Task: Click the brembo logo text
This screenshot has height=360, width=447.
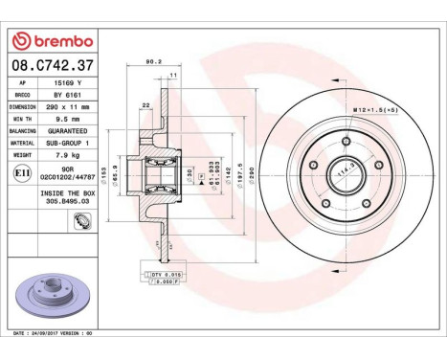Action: click(x=54, y=40)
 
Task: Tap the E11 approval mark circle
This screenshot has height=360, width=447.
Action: click(x=22, y=173)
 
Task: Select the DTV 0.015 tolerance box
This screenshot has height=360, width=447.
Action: click(x=167, y=274)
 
